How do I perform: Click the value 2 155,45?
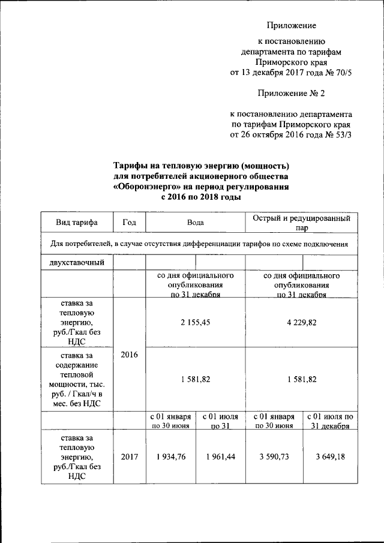click(196, 322)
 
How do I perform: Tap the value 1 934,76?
click(170, 457)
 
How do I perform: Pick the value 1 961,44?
click(220, 457)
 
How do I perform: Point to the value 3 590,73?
click(274, 457)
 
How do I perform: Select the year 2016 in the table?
click(129, 355)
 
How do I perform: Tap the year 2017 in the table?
click(129, 457)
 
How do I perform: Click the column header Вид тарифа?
click(76, 222)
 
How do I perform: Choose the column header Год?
click(129, 222)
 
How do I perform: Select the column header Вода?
click(196, 222)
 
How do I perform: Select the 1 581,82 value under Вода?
click(196, 379)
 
